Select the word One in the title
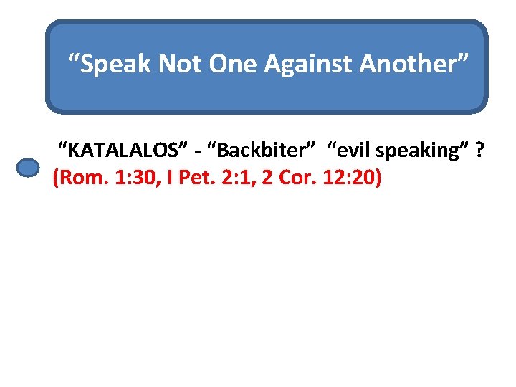coord(234,64)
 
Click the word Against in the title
coord(310,64)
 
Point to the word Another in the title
coord(411,64)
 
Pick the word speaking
coord(424,151)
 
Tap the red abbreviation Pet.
coord(194,178)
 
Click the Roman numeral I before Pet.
coord(169,178)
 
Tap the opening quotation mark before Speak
coord(72,57)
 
